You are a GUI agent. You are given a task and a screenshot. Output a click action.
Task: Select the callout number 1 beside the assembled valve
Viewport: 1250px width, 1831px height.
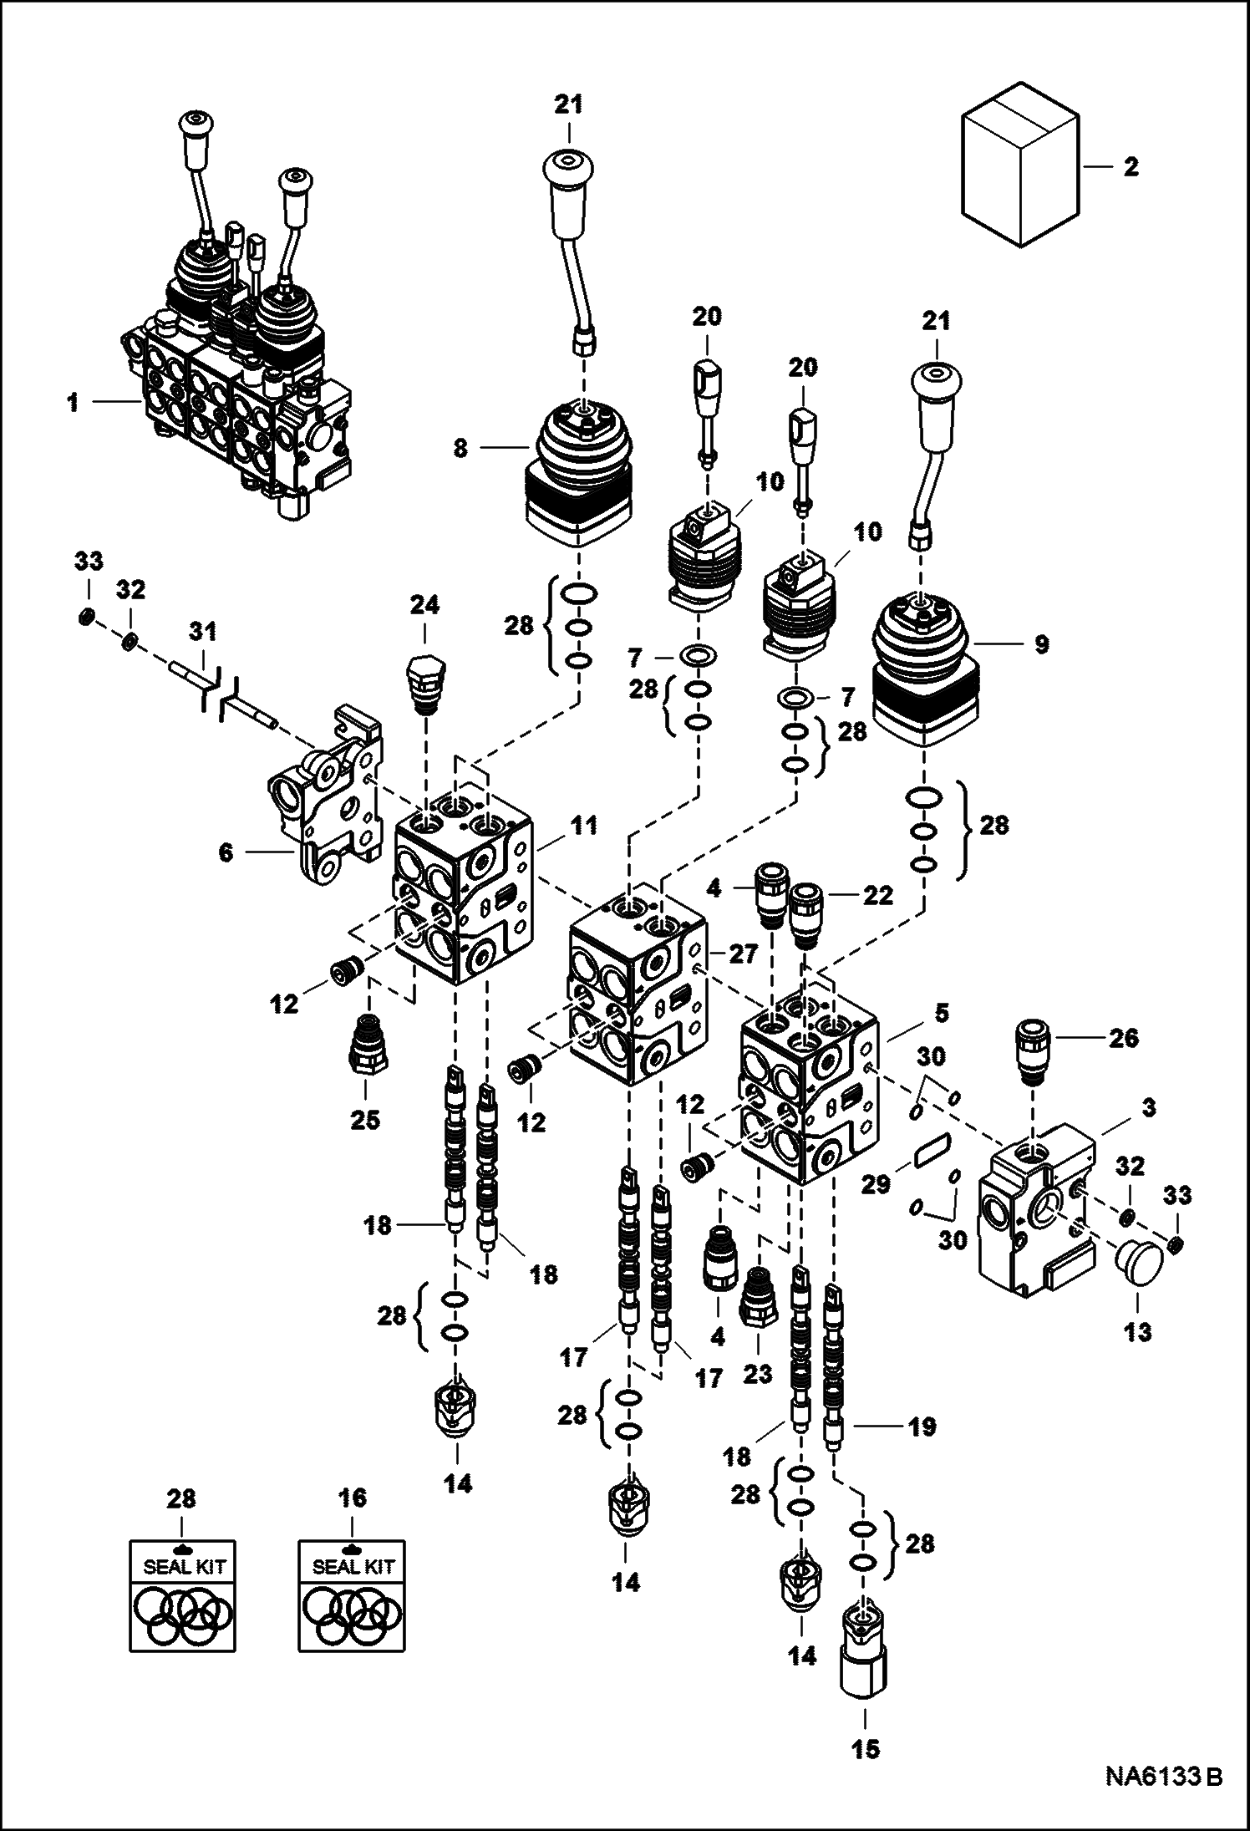tap(74, 403)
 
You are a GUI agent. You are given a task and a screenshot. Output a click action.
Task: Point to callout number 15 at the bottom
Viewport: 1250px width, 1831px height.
tap(866, 1748)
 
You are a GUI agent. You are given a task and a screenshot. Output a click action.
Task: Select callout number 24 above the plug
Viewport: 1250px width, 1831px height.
tap(424, 605)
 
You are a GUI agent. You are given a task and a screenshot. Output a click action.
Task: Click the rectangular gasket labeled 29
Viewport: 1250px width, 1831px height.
tap(934, 1152)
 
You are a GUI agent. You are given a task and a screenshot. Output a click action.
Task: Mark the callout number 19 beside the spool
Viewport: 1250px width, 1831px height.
tap(922, 1427)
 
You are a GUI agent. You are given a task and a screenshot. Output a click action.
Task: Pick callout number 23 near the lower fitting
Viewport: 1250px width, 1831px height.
tap(758, 1374)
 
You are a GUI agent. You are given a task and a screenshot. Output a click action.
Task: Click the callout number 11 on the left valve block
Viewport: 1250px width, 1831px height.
tap(583, 826)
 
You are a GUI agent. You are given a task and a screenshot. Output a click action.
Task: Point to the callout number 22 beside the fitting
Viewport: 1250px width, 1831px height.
tap(879, 896)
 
